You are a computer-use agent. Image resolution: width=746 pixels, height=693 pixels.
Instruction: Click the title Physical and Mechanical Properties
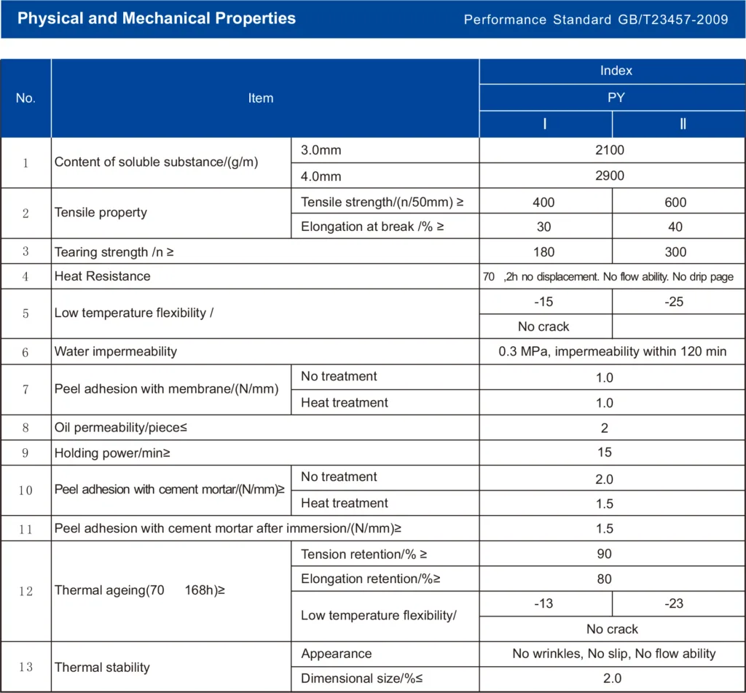click(157, 18)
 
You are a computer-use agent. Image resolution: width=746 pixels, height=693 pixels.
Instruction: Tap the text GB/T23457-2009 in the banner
click(672, 20)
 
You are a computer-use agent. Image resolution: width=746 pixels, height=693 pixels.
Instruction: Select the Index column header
click(616, 71)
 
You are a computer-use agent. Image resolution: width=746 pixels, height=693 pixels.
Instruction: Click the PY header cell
click(616, 98)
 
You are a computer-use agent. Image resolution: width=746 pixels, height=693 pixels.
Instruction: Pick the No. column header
click(25, 98)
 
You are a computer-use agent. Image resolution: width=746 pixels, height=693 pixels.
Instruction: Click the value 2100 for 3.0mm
click(610, 150)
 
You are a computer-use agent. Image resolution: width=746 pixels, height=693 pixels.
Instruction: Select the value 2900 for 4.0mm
click(610, 176)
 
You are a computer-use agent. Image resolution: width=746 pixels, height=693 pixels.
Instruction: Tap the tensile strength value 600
click(675, 203)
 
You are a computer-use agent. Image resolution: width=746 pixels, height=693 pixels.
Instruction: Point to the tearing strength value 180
click(543, 252)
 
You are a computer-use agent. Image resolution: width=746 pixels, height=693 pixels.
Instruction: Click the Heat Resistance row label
click(102, 276)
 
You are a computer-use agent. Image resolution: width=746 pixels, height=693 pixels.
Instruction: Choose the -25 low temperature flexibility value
click(674, 302)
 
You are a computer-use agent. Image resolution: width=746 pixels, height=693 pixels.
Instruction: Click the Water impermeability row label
click(116, 351)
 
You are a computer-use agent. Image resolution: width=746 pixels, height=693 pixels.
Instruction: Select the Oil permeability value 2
click(604, 428)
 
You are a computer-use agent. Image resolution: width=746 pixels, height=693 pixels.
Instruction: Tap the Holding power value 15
click(604, 453)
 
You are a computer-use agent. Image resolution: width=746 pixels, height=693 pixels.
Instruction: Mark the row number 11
click(25, 529)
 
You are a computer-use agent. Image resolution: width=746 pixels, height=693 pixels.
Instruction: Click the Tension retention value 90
click(604, 554)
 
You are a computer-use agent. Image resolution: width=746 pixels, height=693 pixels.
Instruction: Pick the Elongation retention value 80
click(604, 579)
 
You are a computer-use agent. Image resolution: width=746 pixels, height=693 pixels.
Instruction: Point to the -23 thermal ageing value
click(674, 603)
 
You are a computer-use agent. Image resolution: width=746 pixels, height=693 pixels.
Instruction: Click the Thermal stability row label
click(102, 667)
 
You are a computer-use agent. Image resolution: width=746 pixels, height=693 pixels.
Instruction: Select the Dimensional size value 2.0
click(612, 678)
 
